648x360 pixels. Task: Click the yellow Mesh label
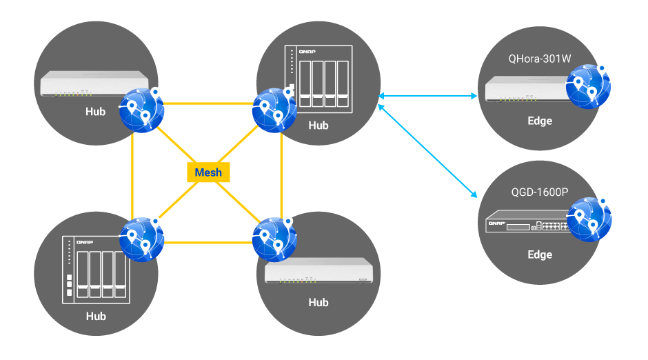pos(208,172)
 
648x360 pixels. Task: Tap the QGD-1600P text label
pos(539,192)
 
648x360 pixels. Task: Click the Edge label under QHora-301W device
pos(540,121)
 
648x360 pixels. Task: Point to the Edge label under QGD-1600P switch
pos(540,254)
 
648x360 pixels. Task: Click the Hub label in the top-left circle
pos(96,111)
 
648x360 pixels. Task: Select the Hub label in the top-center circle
pos(318,126)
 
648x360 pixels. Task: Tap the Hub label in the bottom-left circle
pos(96,316)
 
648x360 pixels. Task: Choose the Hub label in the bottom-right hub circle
pos(318,302)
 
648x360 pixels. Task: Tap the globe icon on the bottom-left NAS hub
pos(141,238)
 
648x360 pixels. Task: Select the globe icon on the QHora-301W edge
pos(588,86)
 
